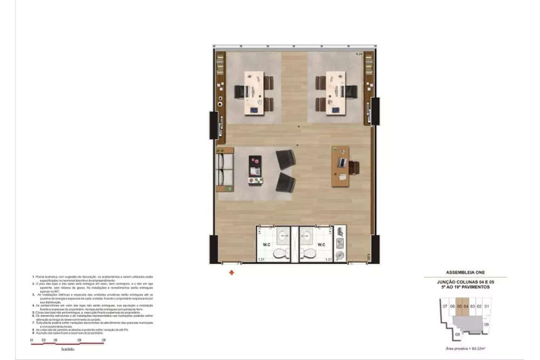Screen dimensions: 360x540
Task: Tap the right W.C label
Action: (321, 244)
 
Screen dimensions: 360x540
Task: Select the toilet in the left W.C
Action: (281, 254)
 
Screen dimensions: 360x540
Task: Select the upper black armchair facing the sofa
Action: (286, 160)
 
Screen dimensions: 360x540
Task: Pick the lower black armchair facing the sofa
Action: (285, 182)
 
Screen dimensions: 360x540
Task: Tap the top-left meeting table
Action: (254, 92)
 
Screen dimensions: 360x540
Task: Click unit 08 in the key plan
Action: (457, 334)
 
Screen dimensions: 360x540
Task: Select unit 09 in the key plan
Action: (486, 324)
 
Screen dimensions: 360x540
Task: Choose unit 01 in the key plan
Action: (486, 307)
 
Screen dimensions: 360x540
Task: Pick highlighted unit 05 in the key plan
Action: (458, 307)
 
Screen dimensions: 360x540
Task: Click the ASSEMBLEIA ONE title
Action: (464, 273)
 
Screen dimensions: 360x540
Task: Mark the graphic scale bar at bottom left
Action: (67, 343)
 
